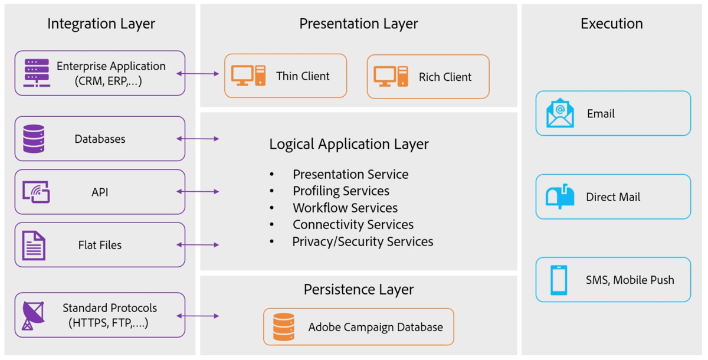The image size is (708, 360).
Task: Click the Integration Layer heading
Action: coord(101,24)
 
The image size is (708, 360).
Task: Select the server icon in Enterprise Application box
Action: coord(37,73)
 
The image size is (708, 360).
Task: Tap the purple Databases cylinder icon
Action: coord(34,139)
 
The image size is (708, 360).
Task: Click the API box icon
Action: coord(36,192)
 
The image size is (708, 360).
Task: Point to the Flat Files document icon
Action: coord(34,245)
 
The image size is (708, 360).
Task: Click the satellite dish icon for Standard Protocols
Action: coord(32,315)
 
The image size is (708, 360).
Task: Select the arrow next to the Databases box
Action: coord(198,139)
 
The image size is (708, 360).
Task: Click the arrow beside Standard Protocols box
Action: coord(198,316)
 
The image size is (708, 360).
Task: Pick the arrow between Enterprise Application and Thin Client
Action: coord(198,74)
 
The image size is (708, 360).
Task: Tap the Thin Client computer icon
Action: coord(248,76)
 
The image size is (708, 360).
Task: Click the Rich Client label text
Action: coord(445,77)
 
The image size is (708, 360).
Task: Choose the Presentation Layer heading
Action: coord(358,24)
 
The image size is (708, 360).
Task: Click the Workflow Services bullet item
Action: coord(345,208)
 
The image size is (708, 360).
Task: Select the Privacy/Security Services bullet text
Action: coord(362,241)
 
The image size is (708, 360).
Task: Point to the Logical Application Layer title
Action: coord(349,144)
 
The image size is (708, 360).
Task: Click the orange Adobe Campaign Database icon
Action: coord(284,327)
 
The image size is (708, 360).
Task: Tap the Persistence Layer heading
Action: coord(358,290)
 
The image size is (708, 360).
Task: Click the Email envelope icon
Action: coord(560,113)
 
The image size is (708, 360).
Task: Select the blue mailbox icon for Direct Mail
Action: coord(560,197)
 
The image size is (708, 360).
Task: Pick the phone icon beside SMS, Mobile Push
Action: coord(559,280)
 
